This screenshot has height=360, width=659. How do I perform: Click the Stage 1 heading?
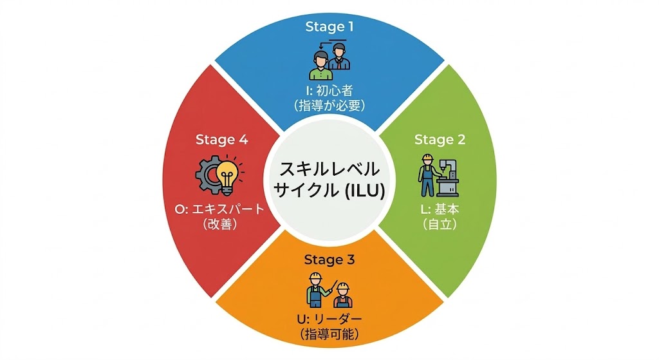pyautogui.click(x=329, y=27)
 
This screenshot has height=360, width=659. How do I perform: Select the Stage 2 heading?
pyautogui.click(x=439, y=140)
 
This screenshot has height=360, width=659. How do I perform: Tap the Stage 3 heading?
pyautogui.click(x=329, y=260)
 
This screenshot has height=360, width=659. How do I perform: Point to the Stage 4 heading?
pyautogui.click(x=221, y=140)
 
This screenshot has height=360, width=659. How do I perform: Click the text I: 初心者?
pyautogui.click(x=329, y=90)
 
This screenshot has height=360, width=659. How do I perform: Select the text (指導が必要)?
pyautogui.click(x=329, y=106)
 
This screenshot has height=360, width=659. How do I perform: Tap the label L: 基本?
pyautogui.click(x=440, y=209)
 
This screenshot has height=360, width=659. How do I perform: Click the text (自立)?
pyautogui.click(x=440, y=225)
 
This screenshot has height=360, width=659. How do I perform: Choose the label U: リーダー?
pyautogui.click(x=329, y=319)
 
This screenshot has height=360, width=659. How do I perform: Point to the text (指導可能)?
pyautogui.click(x=329, y=335)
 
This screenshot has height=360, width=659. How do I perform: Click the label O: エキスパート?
pyautogui.click(x=220, y=209)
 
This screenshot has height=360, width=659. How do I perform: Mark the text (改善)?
pyautogui.click(x=220, y=225)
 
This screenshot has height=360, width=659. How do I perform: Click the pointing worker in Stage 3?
pyautogui.click(x=317, y=289)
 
